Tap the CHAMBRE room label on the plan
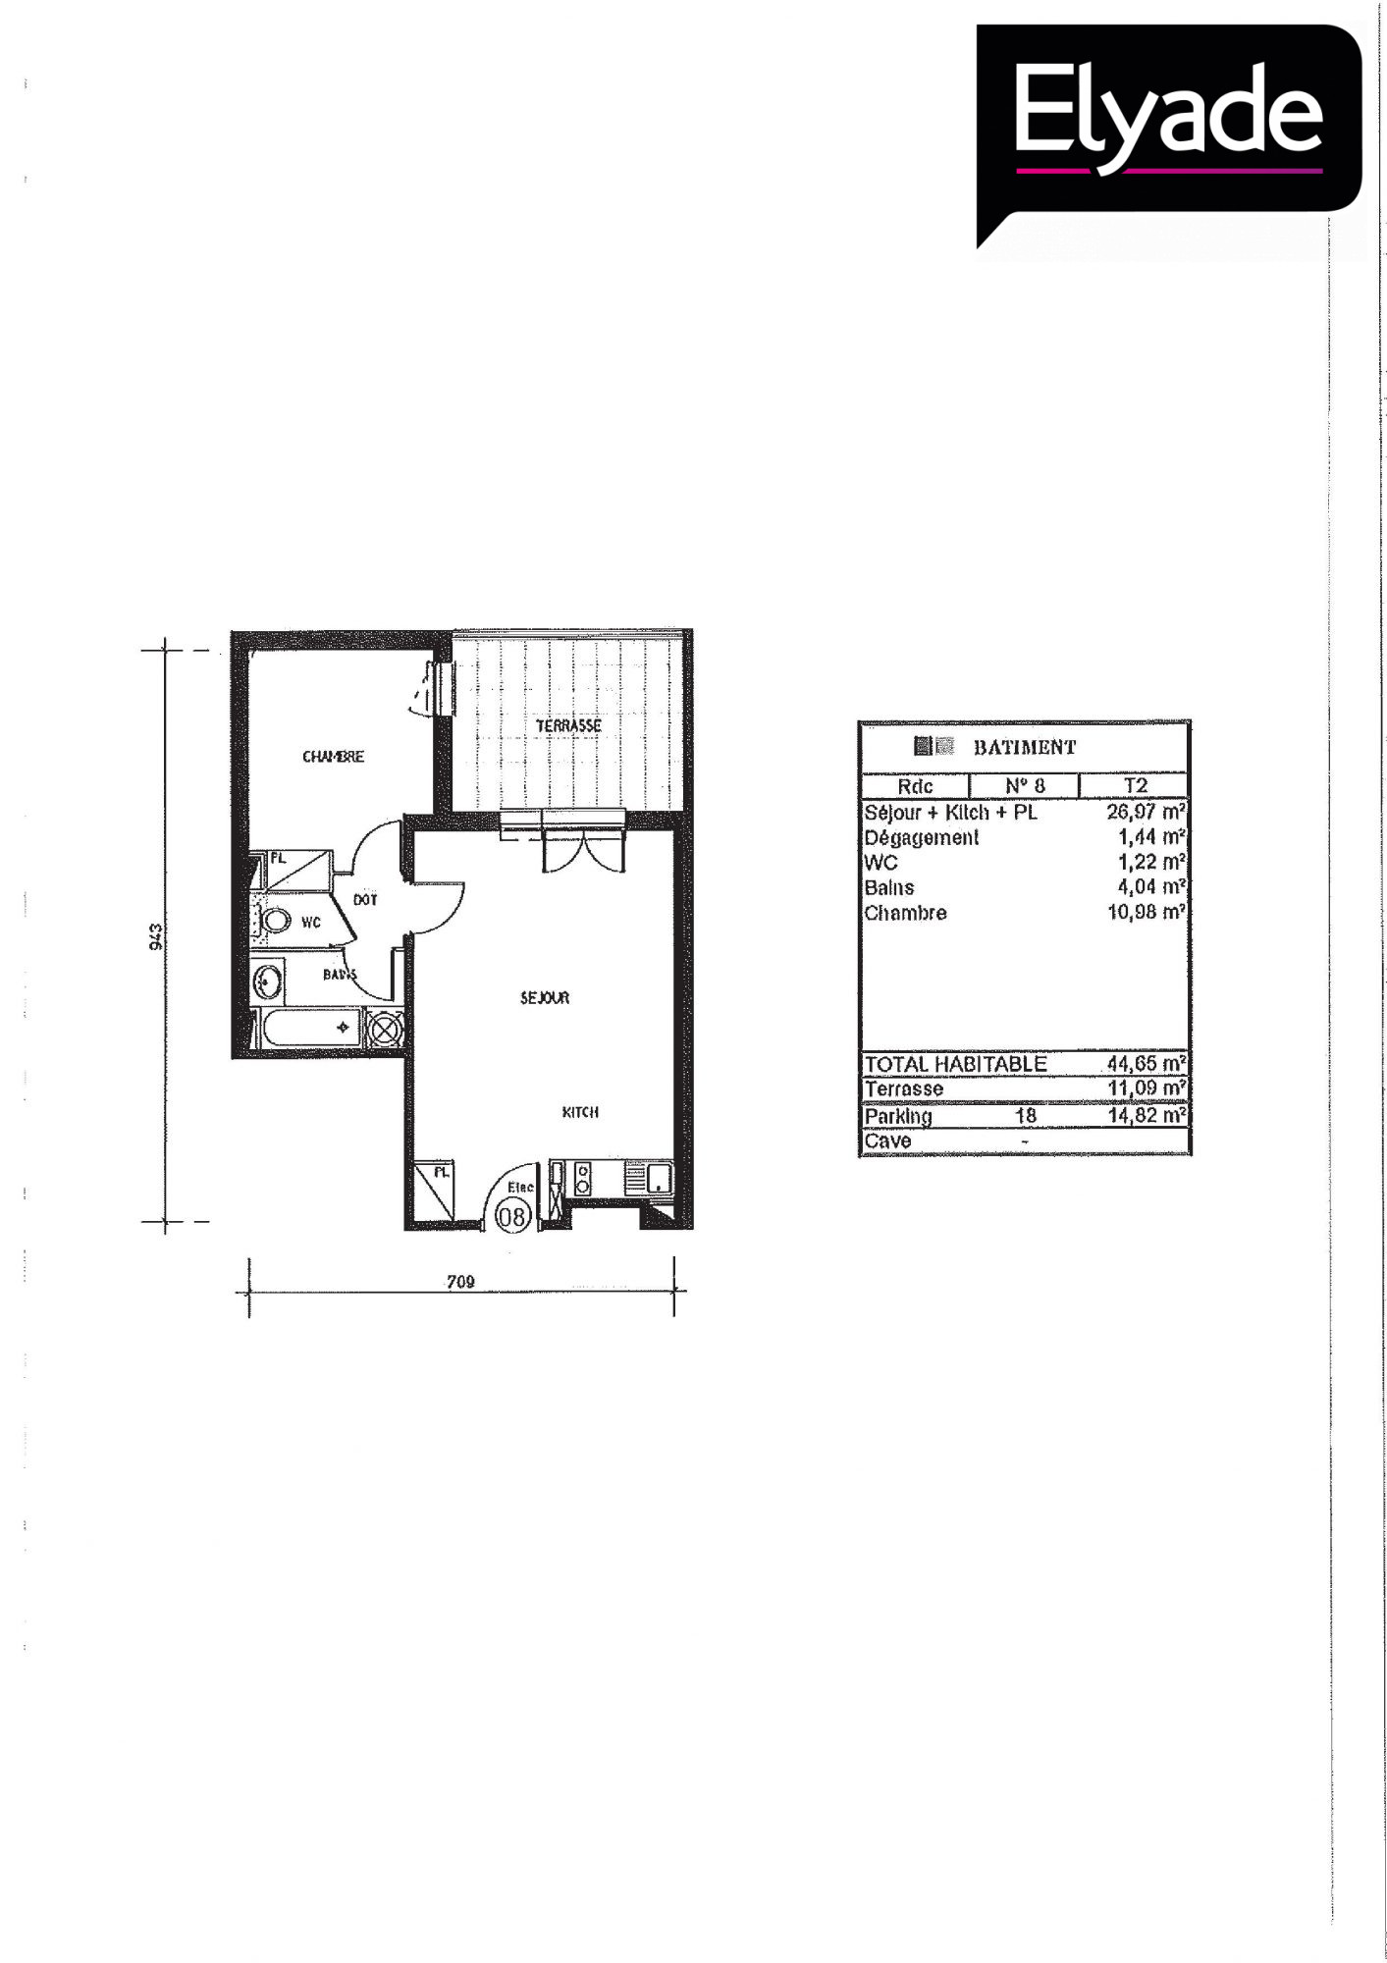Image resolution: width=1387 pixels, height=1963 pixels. click(333, 757)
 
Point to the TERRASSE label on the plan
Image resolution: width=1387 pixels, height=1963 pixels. click(568, 725)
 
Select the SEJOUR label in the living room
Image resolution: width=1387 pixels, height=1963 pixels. click(545, 998)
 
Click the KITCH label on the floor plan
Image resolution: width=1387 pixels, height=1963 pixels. click(580, 1112)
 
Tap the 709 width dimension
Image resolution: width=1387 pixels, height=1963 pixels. click(460, 1281)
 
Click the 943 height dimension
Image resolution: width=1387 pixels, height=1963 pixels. click(155, 936)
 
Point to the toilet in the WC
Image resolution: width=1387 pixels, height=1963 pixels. click(275, 922)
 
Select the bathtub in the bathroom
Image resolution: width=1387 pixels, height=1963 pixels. click(309, 1028)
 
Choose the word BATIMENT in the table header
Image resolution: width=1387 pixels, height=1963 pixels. click(1025, 747)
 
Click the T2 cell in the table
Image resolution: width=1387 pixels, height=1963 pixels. click(1136, 786)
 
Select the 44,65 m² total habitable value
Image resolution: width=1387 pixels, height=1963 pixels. click(1147, 1063)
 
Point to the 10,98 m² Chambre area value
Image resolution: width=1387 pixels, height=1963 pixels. click(1147, 912)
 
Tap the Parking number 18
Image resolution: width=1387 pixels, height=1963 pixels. click(1026, 1115)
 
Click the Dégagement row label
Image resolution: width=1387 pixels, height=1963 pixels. click(922, 838)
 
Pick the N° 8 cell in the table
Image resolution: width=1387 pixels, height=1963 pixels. click(1025, 786)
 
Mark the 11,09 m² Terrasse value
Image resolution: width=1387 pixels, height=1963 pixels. click(1147, 1088)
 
